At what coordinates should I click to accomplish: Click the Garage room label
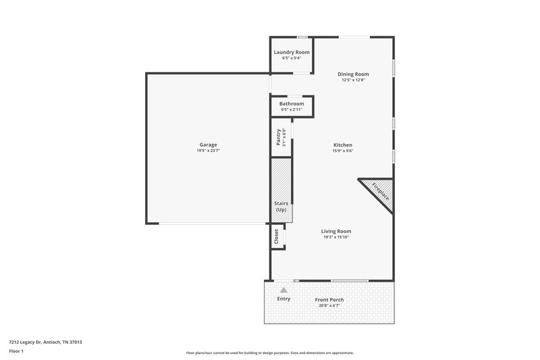pos(207,145)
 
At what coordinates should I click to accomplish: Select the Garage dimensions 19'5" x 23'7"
pos(207,151)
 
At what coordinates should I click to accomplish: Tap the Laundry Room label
pos(292,52)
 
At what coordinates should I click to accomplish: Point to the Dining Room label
pos(353,74)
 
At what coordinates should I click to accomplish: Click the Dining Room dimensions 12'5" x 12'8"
pos(353,80)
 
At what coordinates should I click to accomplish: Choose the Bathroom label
pos(292,103)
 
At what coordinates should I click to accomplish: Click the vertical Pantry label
pos(278,138)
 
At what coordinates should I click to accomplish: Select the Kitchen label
pos(343,145)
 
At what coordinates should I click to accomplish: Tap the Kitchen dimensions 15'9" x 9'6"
pos(343,151)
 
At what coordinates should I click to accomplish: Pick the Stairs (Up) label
pos(281,207)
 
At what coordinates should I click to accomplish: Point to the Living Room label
pos(335,231)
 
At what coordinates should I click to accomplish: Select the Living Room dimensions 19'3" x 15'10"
pos(335,237)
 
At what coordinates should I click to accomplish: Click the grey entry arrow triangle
pos(284,290)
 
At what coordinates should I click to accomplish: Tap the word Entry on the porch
pos(284,299)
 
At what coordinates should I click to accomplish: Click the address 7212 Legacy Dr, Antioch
pos(40,342)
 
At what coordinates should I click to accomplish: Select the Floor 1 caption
pos(17,351)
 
